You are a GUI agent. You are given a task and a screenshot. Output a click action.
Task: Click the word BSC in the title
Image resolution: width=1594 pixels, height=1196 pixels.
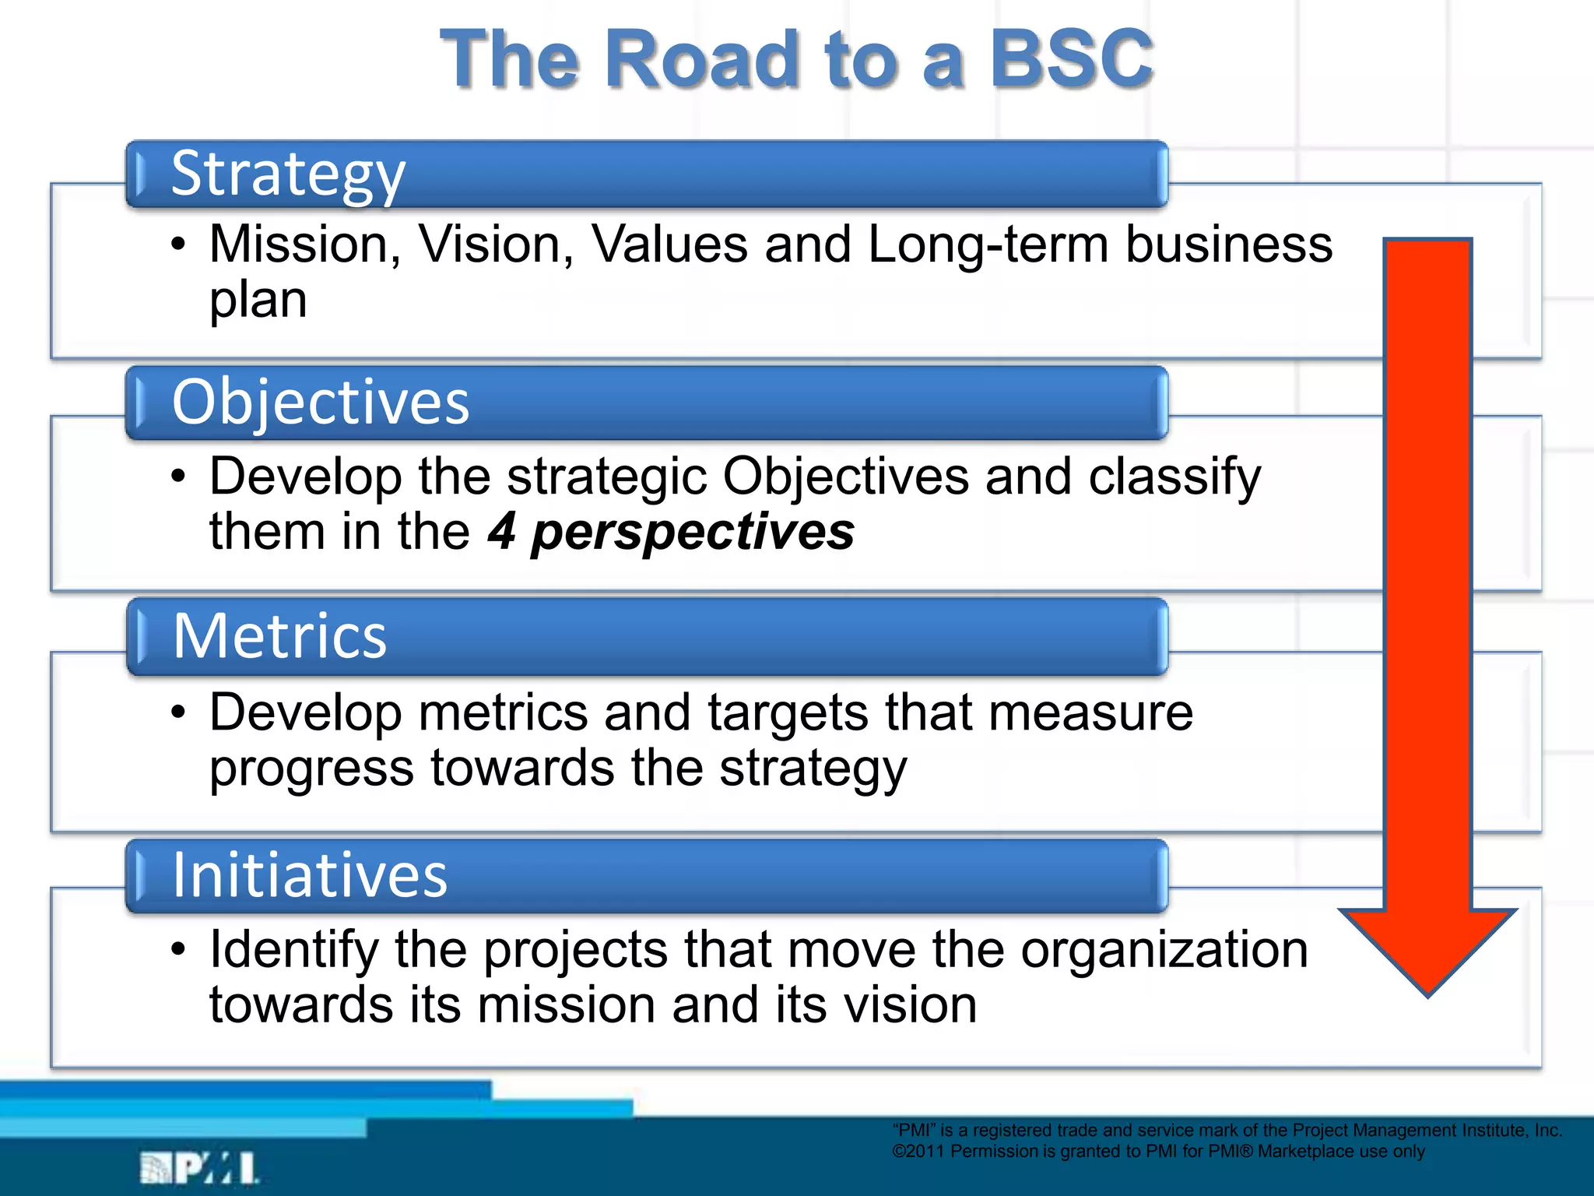1070,59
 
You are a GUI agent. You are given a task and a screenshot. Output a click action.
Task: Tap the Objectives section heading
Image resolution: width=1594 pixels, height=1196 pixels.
321,402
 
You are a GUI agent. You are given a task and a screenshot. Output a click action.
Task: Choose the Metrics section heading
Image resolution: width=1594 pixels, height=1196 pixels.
279,636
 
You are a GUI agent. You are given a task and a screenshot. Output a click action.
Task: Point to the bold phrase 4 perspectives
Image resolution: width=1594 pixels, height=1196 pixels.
671,533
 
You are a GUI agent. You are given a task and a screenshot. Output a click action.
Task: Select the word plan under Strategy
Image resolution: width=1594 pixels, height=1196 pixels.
258,301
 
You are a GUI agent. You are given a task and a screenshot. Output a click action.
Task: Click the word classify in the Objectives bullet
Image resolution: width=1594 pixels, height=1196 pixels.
1174,477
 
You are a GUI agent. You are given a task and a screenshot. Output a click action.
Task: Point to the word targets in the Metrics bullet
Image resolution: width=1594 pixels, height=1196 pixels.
786,713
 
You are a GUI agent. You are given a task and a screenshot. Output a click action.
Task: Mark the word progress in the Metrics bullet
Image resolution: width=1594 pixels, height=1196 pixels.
311,769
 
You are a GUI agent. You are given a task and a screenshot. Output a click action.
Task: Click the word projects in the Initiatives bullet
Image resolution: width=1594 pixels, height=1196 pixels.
576,950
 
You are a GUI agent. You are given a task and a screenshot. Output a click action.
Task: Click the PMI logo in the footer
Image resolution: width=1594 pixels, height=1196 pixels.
199,1169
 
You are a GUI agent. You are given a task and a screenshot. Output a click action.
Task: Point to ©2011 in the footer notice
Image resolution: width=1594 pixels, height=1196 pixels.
918,1152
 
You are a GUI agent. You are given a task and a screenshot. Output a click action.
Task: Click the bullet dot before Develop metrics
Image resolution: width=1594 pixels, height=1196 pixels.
179,712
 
